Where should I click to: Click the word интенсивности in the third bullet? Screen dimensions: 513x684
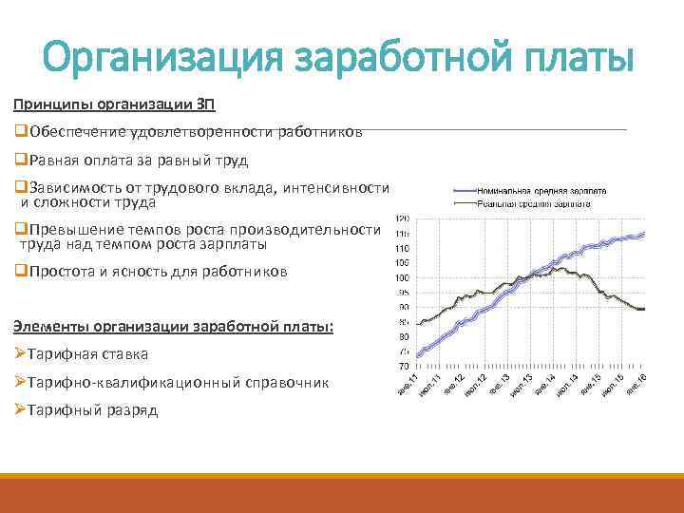(x=332, y=187)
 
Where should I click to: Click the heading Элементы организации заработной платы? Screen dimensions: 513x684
(x=174, y=326)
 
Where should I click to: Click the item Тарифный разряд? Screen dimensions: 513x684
(x=93, y=410)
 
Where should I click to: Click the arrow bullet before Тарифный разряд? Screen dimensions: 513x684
(x=20, y=410)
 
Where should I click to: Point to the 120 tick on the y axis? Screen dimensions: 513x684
(x=402, y=218)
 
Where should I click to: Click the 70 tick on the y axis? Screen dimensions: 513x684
(x=403, y=366)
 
